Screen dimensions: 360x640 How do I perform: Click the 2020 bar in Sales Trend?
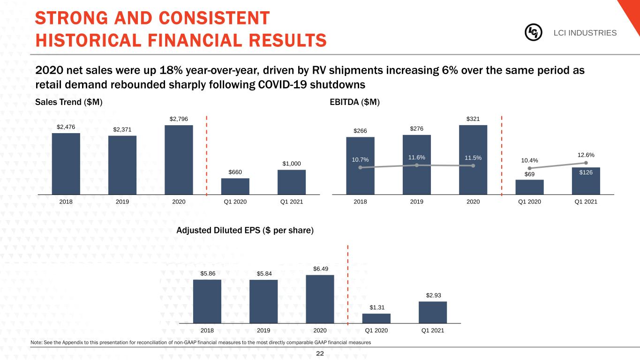(179, 159)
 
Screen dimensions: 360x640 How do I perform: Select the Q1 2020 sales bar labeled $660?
(235, 186)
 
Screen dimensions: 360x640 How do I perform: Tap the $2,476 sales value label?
(66, 127)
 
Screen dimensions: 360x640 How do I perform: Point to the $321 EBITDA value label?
(473, 119)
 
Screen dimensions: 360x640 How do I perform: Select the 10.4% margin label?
(529, 161)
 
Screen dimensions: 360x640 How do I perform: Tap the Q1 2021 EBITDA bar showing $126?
(586, 181)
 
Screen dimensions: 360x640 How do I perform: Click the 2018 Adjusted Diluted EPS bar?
(207, 301)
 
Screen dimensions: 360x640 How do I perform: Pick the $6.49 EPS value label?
(320, 269)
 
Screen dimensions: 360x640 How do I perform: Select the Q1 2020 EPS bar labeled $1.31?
(376, 318)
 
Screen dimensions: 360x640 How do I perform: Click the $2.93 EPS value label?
(433, 295)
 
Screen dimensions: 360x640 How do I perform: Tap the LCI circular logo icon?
(533, 32)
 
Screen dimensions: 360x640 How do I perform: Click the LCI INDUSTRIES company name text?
(585, 33)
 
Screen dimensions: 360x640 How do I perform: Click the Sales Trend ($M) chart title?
(68, 102)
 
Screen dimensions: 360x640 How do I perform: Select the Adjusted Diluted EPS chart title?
(245, 231)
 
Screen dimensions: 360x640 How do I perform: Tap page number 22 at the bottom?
(320, 354)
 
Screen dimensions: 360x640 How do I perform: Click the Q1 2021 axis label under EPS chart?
(433, 330)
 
